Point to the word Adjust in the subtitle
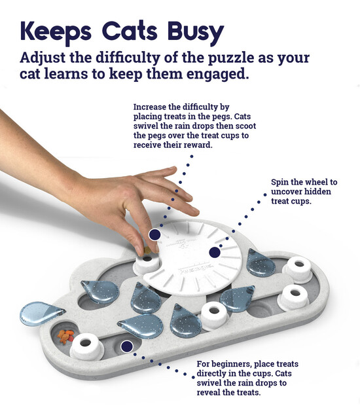coord(44,57)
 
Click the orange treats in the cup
coord(65,336)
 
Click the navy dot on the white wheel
coord(214,252)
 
